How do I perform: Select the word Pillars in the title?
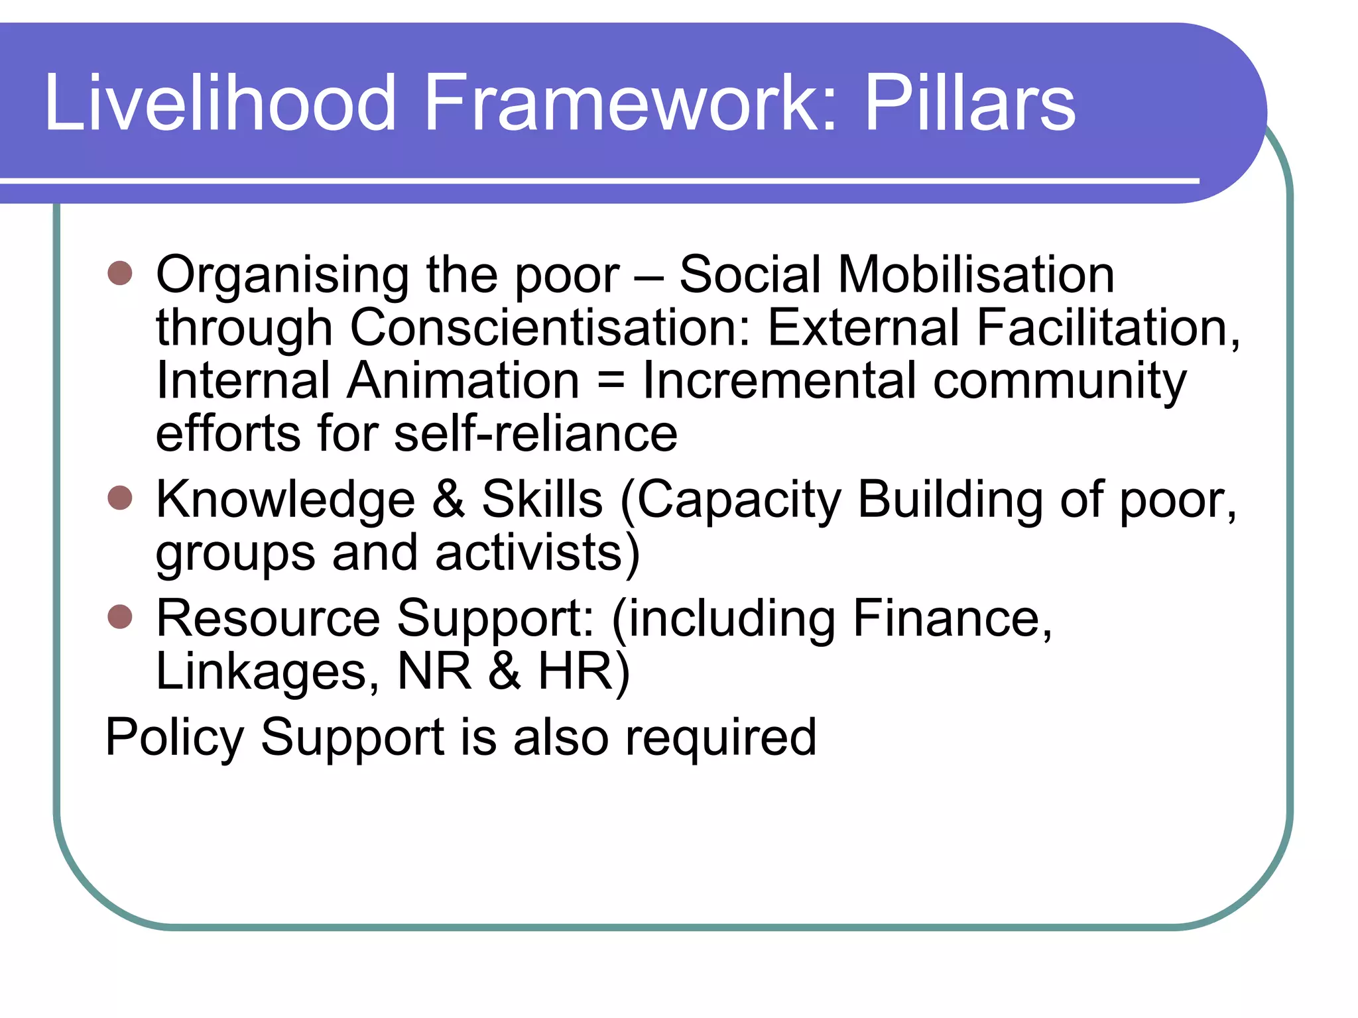click(x=970, y=103)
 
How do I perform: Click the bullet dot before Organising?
click(x=120, y=272)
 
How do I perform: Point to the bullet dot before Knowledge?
click(x=120, y=497)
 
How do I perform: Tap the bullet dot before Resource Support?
click(x=120, y=616)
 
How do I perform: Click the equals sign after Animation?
click(x=611, y=381)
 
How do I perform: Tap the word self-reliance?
click(x=536, y=433)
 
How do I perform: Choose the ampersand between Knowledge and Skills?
click(x=448, y=499)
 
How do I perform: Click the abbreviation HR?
click(x=575, y=671)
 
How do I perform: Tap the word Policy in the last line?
click(x=175, y=738)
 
